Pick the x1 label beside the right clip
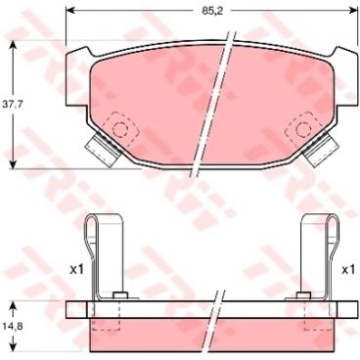[347, 267]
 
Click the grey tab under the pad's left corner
[99, 151]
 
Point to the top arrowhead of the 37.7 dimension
[13, 46]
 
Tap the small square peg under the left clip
[118, 296]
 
